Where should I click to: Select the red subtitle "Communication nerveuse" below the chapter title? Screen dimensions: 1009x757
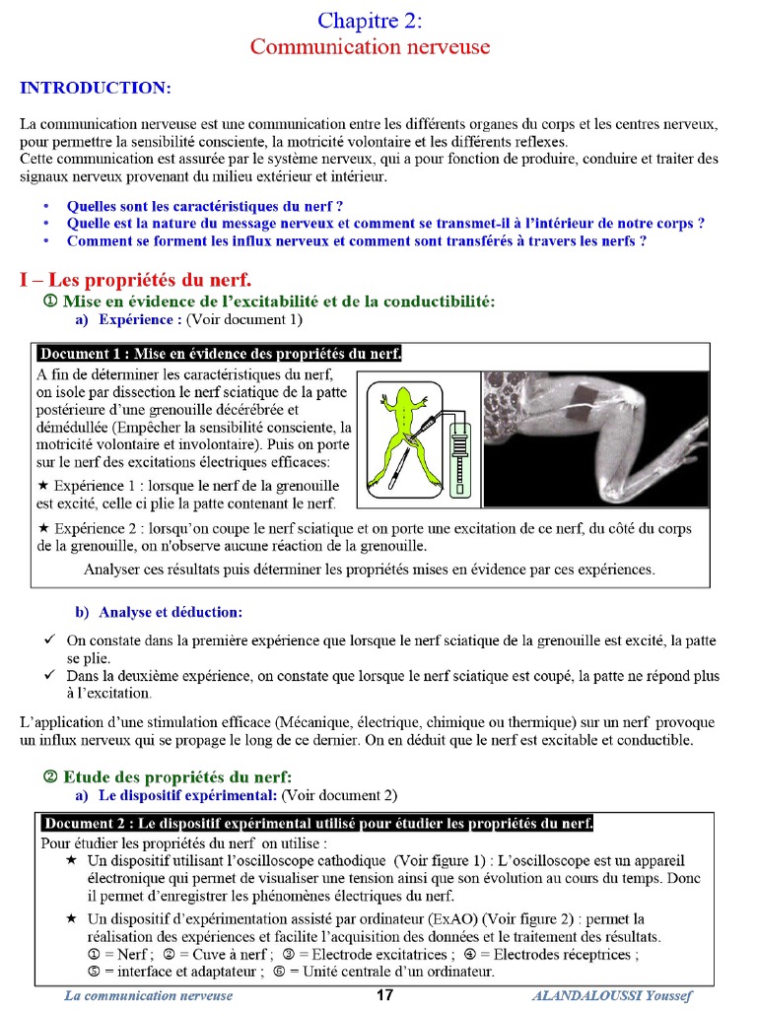click(370, 47)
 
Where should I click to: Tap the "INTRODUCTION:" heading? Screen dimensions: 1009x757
click(96, 89)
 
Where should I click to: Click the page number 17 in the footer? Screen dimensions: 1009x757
click(385, 995)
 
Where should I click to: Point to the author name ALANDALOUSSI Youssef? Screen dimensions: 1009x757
click(612, 995)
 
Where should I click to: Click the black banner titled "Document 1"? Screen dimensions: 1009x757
click(219, 354)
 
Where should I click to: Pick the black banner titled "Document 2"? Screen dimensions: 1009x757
click(316, 823)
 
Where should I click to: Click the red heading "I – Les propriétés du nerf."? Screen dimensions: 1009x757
click(135, 279)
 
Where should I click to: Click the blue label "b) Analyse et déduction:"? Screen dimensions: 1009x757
click(158, 612)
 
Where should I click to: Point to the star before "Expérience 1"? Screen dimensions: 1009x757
click(42, 487)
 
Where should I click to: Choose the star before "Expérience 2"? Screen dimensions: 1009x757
click(42, 529)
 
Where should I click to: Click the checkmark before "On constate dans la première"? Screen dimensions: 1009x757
click(48, 640)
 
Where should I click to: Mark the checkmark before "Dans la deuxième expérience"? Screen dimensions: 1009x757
click(48, 676)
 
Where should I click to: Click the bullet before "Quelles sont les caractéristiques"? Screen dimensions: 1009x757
click(45, 207)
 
